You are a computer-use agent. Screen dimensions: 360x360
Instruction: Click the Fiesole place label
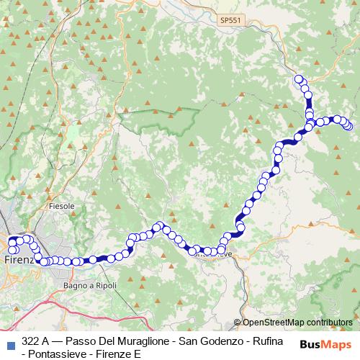click(x=61, y=206)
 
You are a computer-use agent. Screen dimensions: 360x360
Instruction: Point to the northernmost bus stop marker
click(x=299, y=78)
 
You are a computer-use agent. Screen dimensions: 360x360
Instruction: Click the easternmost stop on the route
click(x=349, y=126)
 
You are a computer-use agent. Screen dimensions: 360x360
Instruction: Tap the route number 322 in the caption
click(x=31, y=340)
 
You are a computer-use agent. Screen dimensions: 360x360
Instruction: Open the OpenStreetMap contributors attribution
click(x=296, y=323)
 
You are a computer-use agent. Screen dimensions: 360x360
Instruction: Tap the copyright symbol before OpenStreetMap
click(x=238, y=323)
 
